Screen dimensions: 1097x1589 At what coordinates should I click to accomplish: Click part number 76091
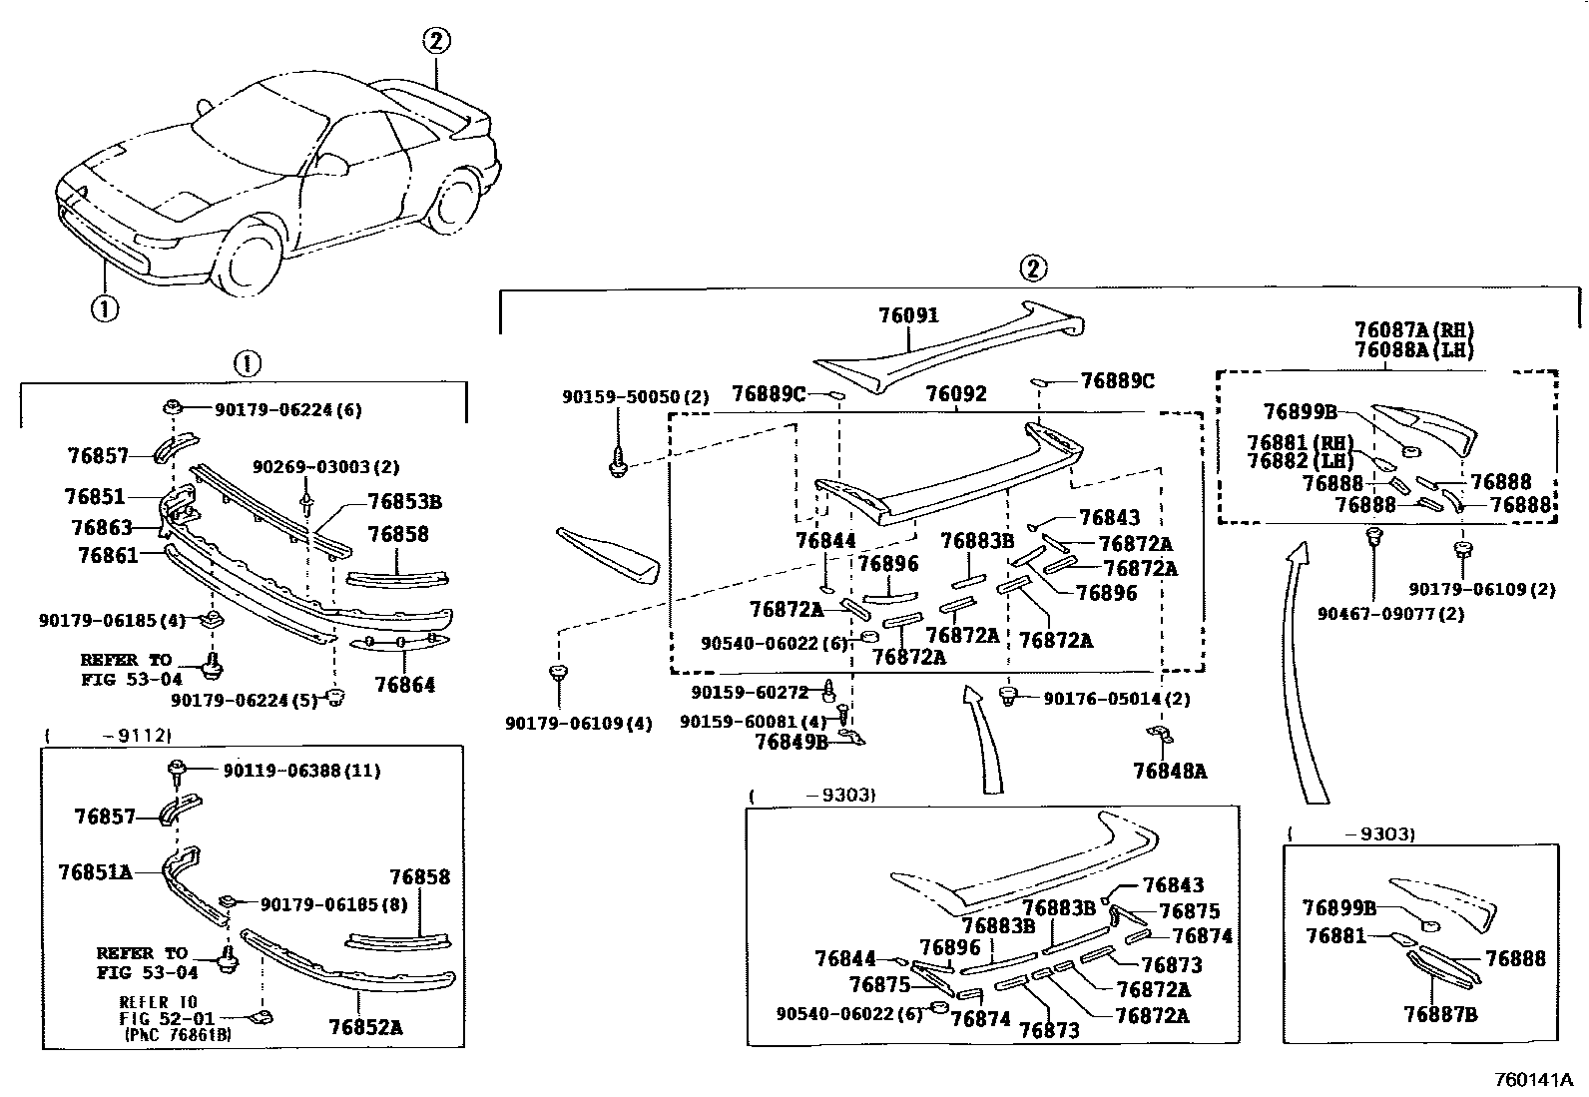pyautogui.click(x=908, y=315)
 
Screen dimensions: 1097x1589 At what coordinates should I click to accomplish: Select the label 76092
pyautogui.click(x=956, y=394)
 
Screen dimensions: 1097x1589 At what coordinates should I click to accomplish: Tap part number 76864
pyautogui.click(x=405, y=685)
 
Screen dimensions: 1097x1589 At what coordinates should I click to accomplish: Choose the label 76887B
pyautogui.click(x=1440, y=1014)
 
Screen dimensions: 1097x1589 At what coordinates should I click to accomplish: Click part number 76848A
pyautogui.click(x=1170, y=771)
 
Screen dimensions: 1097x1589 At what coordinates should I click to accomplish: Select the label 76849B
pyautogui.click(x=792, y=742)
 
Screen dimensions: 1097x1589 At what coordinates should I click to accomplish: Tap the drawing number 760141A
pyautogui.click(x=1533, y=1080)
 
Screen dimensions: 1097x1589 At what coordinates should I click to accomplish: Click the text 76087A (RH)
pyautogui.click(x=1413, y=330)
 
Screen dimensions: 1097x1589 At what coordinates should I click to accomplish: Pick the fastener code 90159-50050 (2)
pyautogui.click(x=635, y=397)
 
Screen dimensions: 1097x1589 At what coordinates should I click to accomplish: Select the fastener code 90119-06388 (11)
pyautogui.click(x=301, y=771)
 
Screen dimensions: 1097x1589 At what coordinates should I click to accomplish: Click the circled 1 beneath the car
pyautogui.click(x=104, y=308)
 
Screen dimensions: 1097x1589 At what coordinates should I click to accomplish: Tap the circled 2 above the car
pyautogui.click(x=436, y=42)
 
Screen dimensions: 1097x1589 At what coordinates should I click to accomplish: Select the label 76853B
pyautogui.click(x=404, y=502)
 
